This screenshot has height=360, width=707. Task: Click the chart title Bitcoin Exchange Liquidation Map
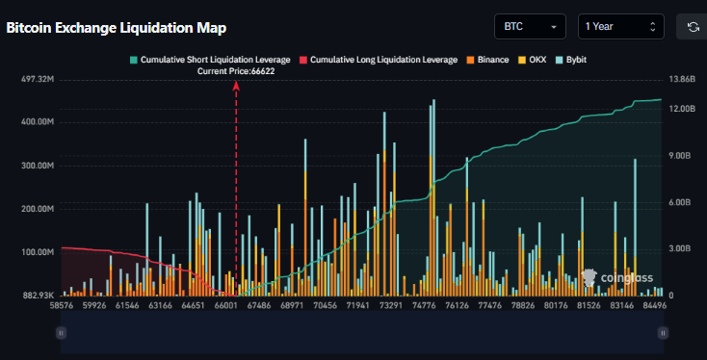click(x=117, y=28)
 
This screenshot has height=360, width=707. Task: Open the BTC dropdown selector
click(x=530, y=27)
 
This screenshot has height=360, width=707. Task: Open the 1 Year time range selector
click(x=621, y=27)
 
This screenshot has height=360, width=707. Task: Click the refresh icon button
click(x=693, y=27)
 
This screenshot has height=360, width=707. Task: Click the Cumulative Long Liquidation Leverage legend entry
click(x=379, y=60)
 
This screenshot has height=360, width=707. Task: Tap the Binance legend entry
click(x=489, y=60)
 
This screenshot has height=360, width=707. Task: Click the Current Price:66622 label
click(x=236, y=72)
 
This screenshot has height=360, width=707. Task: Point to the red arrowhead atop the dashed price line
click(x=236, y=86)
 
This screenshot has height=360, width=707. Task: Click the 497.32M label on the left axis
click(x=35, y=79)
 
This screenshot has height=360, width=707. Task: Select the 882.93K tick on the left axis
click(x=35, y=296)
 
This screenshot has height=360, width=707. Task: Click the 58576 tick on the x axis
click(x=62, y=306)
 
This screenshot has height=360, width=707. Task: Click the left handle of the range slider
click(x=61, y=332)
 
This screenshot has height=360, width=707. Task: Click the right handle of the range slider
click(x=662, y=332)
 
